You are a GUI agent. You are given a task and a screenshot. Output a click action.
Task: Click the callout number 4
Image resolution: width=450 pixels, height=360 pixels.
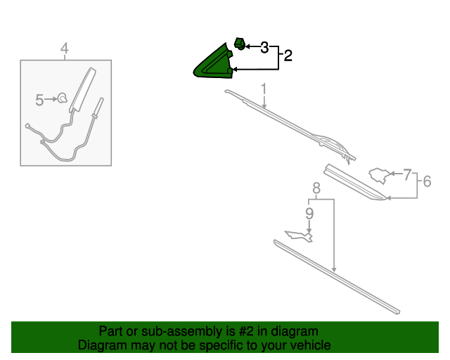point(65,49)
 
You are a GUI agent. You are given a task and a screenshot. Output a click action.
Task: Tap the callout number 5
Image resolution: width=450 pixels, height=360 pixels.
point(39,100)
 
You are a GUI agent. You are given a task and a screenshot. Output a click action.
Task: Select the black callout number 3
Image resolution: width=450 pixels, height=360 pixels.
point(264,47)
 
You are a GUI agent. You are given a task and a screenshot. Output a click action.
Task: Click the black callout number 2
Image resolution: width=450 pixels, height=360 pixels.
point(288,56)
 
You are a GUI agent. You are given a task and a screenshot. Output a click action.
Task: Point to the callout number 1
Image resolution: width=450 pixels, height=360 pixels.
point(264,89)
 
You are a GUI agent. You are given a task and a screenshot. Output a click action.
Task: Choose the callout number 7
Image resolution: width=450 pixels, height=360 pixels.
point(407,174)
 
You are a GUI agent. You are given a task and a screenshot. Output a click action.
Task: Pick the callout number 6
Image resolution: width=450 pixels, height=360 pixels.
point(427,181)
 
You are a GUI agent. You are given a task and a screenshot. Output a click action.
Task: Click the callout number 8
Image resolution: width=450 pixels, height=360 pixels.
point(316,188)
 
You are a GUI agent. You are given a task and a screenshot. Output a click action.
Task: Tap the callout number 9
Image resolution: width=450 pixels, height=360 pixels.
point(309,214)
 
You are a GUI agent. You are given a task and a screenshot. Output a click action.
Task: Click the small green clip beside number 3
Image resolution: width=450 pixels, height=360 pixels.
point(240,44)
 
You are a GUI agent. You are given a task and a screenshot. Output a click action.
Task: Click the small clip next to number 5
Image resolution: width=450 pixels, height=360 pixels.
point(62,98)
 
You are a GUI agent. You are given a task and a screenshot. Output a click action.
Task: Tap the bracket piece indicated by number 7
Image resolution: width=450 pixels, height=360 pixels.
point(380,175)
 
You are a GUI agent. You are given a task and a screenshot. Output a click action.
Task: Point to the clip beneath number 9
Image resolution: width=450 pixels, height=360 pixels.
point(299,236)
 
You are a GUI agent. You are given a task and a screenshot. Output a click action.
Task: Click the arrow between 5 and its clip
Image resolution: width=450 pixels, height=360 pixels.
point(51,99)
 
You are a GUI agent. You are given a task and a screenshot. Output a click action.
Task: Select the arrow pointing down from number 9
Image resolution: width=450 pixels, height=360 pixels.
point(309,227)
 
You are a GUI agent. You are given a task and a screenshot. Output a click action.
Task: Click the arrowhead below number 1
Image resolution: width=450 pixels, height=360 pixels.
point(264,106)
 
